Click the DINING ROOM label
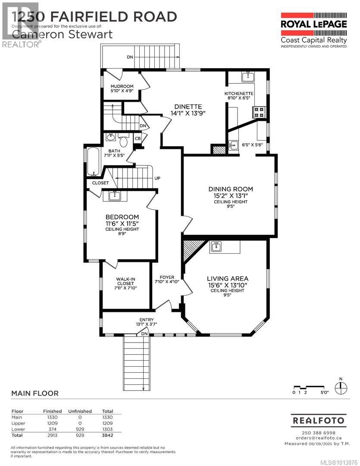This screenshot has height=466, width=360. (230, 189)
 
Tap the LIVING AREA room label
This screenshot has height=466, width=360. (227, 278)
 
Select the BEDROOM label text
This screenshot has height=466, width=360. (122, 217)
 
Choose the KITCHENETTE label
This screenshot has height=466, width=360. (238, 94)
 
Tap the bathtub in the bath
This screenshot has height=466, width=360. (93, 162)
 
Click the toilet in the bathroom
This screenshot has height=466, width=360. (123, 140)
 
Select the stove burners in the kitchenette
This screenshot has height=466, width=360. (259, 112)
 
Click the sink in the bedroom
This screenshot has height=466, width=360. (115, 196)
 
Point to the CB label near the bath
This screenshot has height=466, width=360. (138, 139)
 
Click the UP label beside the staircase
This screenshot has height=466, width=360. (158, 178)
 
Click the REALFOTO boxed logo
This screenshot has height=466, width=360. (319, 420)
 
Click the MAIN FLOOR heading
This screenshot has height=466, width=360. (34, 393)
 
